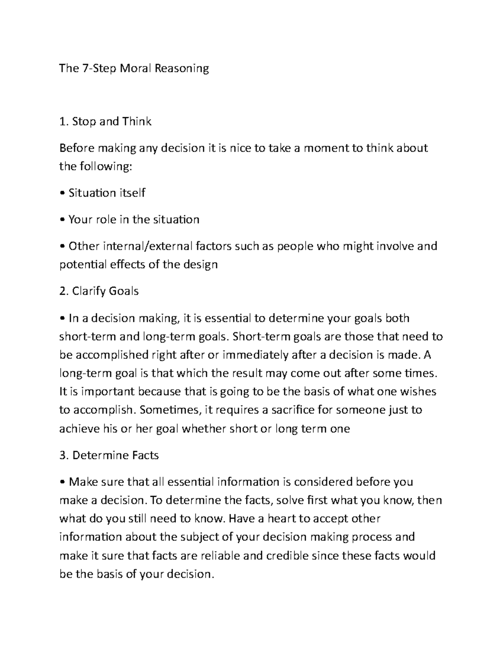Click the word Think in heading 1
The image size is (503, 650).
point(137,121)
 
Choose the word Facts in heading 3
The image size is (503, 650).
point(145,455)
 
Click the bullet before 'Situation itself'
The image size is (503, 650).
point(62,193)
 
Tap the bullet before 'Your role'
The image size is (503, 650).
point(62,220)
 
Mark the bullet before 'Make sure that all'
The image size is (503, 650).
point(62,482)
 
